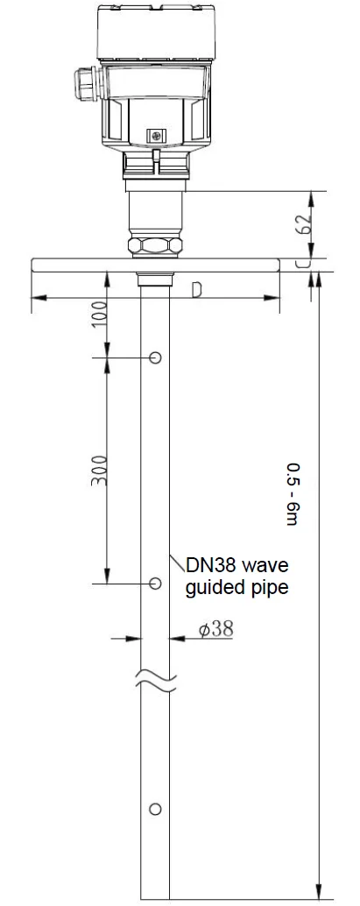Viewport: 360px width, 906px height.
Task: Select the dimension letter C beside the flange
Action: pos(301,264)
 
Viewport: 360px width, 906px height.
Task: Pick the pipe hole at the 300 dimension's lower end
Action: pos(155,583)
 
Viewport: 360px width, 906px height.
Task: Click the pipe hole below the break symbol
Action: pos(155,808)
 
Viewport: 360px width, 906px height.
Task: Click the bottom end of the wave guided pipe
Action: pos(156,895)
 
